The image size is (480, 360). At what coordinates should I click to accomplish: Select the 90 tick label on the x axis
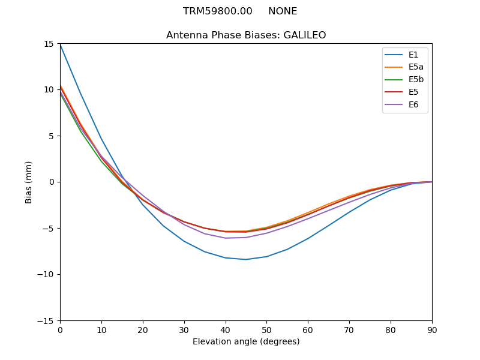(432, 330)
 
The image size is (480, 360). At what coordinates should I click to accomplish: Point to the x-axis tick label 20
(143, 330)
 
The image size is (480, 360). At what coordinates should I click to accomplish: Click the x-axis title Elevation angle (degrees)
(246, 342)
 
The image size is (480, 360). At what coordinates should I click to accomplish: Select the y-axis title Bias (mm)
(29, 182)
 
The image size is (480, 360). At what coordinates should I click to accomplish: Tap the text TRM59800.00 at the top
(218, 11)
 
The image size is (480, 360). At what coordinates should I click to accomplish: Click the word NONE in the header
(283, 11)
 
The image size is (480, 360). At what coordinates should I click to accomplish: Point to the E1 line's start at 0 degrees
(61, 44)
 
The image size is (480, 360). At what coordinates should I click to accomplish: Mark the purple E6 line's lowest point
(226, 238)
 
